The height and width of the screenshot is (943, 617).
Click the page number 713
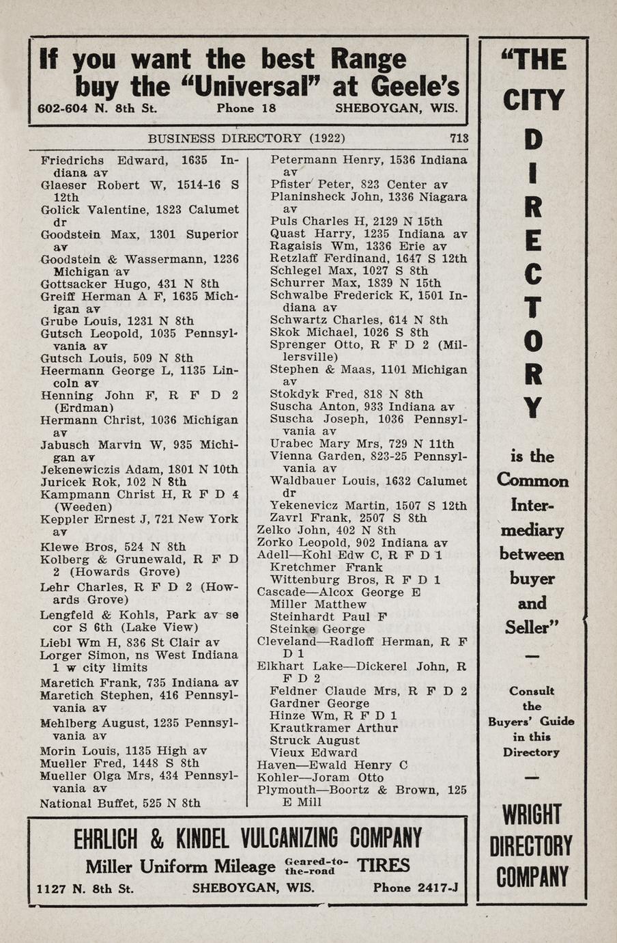(x=459, y=138)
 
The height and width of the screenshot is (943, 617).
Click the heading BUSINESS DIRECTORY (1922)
(x=246, y=138)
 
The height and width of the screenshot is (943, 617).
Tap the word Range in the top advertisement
(x=368, y=59)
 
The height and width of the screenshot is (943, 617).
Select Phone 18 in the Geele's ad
(x=246, y=108)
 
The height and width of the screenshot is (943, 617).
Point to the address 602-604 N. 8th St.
(x=97, y=108)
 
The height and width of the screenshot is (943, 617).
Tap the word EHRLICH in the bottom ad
(x=106, y=838)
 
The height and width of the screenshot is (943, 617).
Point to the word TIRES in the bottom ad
(x=384, y=866)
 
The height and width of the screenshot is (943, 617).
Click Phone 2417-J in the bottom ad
(x=415, y=888)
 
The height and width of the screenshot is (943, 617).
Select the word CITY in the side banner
(x=533, y=101)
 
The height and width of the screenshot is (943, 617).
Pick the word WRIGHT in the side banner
(x=532, y=815)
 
